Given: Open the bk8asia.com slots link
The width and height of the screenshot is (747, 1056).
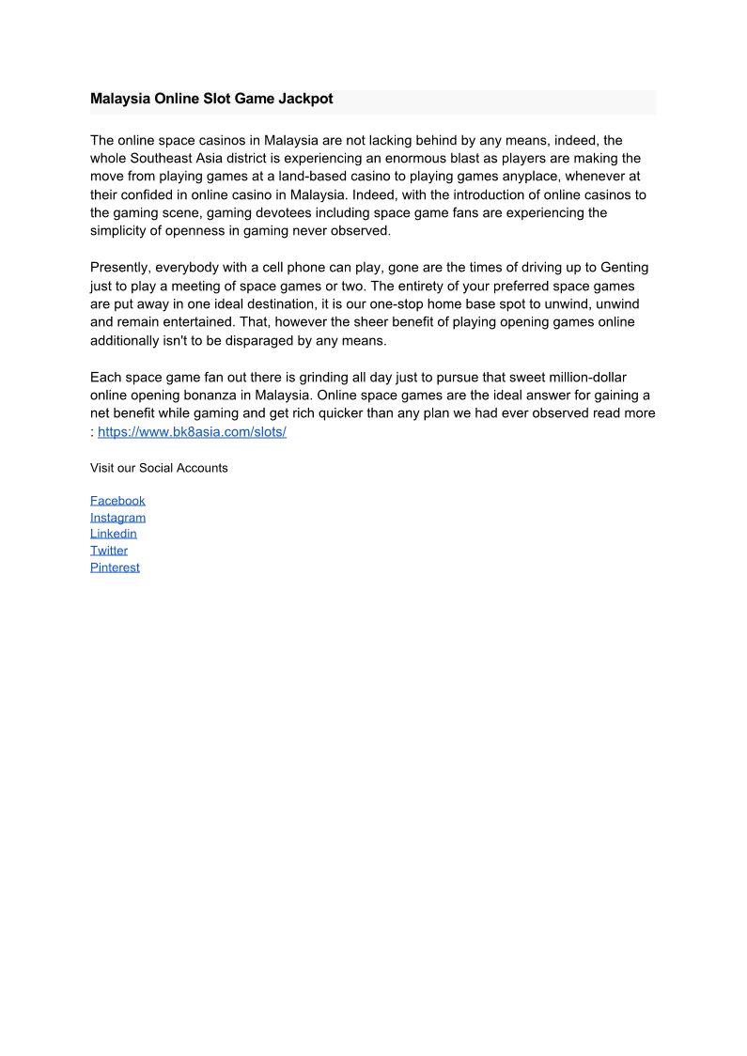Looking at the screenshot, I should tap(192, 431).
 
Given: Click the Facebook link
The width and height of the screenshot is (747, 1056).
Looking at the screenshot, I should tap(117, 501).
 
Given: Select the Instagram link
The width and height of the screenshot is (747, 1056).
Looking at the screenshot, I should tap(117, 518).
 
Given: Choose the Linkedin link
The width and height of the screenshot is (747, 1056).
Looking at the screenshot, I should tap(113, 534).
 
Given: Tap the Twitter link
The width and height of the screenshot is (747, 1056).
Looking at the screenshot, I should tap(109, 551).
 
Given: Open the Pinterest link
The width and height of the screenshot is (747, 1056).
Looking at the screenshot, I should tap(115, 567).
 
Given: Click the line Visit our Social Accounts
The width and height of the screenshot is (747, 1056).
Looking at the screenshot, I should tap(159, 468).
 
